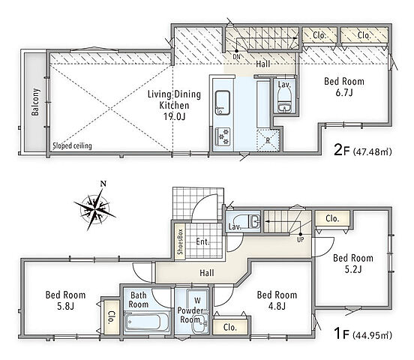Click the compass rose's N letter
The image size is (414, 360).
tap(103, 184)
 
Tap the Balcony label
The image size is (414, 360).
tap(35, 102)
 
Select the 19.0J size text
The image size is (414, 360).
tap(174, 116)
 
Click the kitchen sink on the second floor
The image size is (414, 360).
tap(223, 103)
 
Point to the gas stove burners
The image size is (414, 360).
tap(223, 136)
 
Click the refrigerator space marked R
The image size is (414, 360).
tap(268, 140)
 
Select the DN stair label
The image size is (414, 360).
tap(236, 57)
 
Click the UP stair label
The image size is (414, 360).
tap(301, 240)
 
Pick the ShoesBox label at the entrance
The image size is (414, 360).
tap(180, 241)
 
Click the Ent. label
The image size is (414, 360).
tap(202, 241)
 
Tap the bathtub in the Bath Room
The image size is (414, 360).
tap(146, 322)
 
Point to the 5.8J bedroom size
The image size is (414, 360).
tap(65, 307)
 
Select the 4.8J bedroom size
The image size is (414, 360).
tap(277, 307)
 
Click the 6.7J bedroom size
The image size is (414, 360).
tap(344, 93)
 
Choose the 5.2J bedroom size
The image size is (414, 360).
tap(353, 269)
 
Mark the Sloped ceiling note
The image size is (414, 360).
tap(72, 145)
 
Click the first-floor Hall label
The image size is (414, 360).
tap(207, 273)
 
